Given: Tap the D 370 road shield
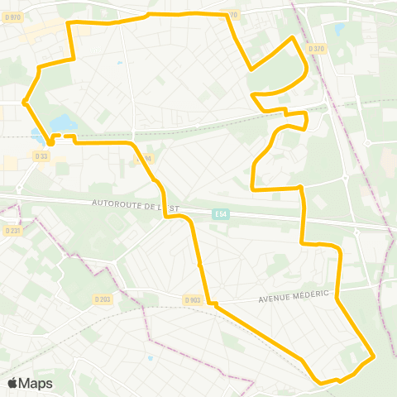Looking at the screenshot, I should pos(316,49).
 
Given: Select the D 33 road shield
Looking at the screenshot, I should pos(41,155).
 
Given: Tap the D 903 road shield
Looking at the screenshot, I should pos(192,299).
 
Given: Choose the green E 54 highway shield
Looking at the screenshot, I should pos(219,214).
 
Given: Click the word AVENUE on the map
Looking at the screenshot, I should pos(273,298).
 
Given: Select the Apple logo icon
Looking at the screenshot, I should pos(13,383).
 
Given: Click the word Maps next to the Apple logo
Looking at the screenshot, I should pos(36,383).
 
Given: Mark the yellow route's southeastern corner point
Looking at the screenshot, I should pos(374,357).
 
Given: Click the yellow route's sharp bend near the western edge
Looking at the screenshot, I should pos(26,103).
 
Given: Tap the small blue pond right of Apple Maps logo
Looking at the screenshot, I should pos(150,358).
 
